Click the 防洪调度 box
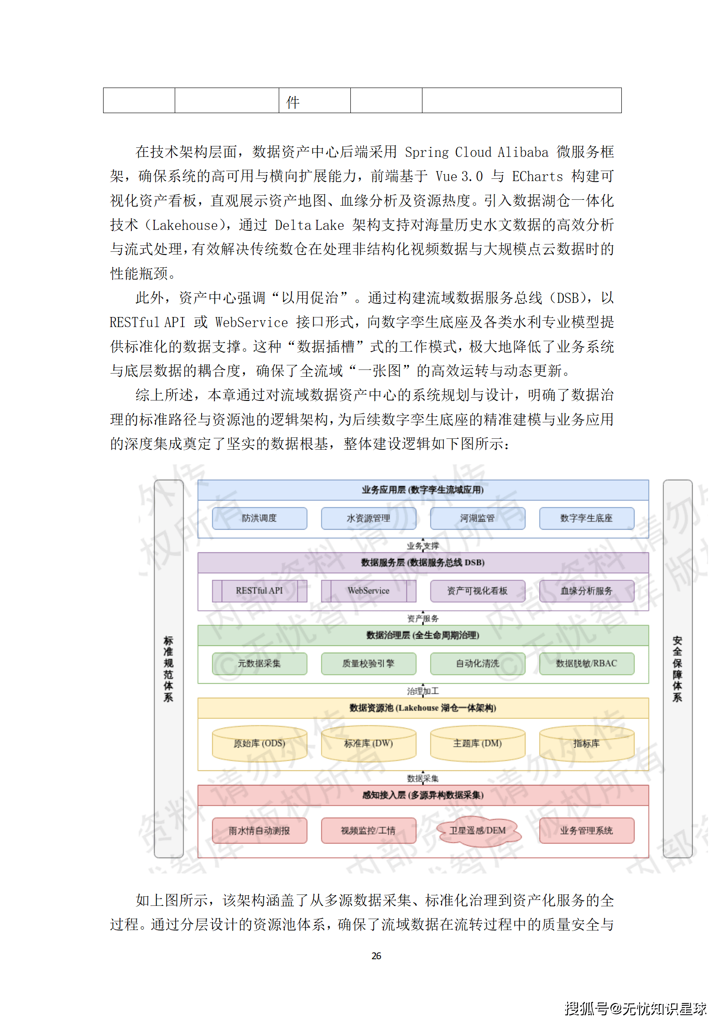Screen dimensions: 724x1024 click(x=259, y=518)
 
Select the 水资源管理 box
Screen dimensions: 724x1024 click(x=368, y=518)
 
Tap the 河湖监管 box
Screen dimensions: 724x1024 click(x=477, y=518)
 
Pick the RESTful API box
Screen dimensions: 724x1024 click(x=259, y=591)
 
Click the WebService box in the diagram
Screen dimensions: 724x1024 click(x=368, y=591)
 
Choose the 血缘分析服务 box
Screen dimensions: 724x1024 click(x=586, y=591)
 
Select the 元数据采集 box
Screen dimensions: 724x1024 click(x=259, y=663)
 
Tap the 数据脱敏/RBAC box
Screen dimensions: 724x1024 click(x=586, y=663)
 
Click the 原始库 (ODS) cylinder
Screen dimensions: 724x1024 click(x=259, y=743)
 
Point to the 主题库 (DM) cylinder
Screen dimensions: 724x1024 click(x=477, y=743)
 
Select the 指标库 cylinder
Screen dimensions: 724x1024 click(x=586, y=743)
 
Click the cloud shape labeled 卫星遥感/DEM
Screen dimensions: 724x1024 click(x=478, y=831)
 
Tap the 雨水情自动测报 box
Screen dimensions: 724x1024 click(x=259, y=831)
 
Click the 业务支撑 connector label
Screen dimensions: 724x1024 click(x=422, y=546)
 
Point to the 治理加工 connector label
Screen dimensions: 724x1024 click(x=422, y=691)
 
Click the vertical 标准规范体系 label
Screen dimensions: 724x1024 click(x=168, y=669)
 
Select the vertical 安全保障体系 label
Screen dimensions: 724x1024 click(x=677, y=669)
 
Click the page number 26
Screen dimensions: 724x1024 click(x=376, y=956)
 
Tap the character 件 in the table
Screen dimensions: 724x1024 click(x=293, y=102)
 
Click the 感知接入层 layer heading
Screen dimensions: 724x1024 click(x=422, y=795)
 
